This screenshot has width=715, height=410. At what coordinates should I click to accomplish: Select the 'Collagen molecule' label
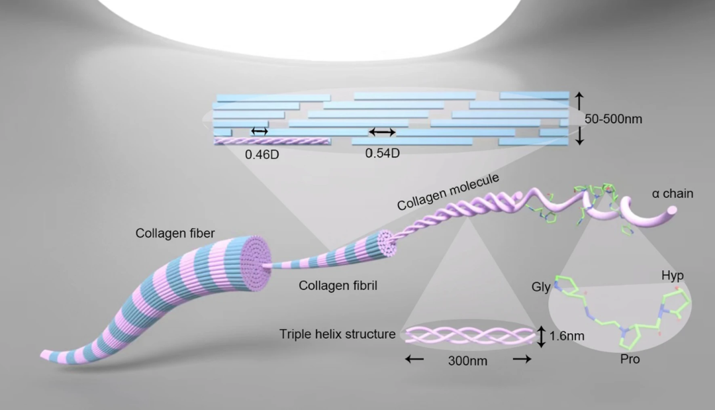[448, 192]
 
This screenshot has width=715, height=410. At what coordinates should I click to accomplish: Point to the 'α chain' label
[672, 194]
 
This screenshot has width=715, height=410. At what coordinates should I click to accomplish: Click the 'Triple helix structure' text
[338, 334]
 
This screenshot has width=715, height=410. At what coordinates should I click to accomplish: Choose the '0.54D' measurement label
[383, 153]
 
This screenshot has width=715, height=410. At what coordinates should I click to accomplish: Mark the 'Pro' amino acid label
[631, 360]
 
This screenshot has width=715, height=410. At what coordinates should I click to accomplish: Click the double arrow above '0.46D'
[260, 131]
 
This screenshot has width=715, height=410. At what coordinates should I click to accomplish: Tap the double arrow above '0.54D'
[382, 132]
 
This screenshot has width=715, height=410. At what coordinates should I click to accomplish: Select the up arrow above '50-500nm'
[579, 100]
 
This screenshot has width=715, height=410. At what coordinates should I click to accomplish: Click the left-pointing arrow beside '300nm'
[415, 359]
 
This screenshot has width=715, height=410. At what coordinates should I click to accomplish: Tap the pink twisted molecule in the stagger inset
[273, 141]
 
